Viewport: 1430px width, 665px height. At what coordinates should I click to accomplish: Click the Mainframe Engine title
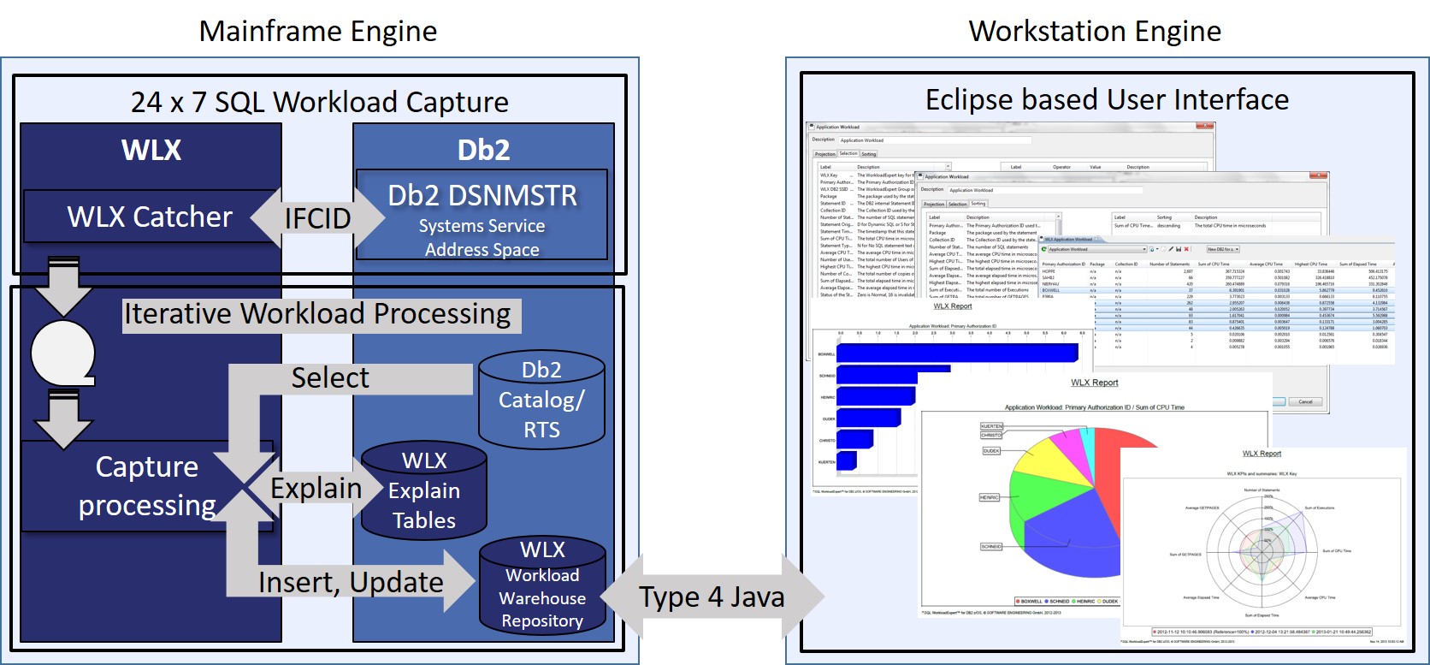(317, 32)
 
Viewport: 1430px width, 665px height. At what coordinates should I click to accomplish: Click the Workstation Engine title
(1094, 32)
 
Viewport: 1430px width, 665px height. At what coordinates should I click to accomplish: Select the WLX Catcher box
(149, 217)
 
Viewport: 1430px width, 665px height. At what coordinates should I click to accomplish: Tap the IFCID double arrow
(317, 218)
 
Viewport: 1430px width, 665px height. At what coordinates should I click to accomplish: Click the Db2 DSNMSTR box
(482, 215)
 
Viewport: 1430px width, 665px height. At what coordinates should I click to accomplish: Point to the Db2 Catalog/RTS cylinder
(541, 400)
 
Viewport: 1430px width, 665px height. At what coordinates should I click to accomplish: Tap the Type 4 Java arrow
(712, 597)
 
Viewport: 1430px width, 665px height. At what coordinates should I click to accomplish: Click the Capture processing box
(146, 486)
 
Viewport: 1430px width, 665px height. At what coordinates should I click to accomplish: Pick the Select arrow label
(330, 377)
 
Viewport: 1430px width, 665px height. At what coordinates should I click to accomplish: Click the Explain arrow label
(316, 488)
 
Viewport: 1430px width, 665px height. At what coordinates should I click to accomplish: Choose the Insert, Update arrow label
(351, 582)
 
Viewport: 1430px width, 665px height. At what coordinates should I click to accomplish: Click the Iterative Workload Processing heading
(317, 314)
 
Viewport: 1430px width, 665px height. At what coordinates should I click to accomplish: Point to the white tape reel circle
(62, 352)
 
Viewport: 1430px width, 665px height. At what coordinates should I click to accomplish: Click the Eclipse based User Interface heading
(1107, 99)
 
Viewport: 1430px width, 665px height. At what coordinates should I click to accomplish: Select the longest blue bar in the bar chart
(956, 353)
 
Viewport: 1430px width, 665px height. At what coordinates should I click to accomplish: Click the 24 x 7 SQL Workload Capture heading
(319, 102)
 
